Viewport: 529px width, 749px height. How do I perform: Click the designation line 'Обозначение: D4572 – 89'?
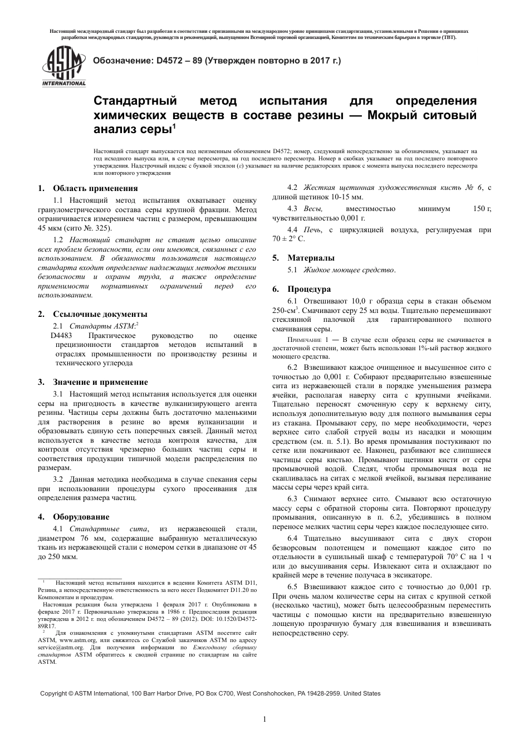click(217, 60)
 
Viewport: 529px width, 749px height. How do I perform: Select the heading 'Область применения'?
click(95, 188)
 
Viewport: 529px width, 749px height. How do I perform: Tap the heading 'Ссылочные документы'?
click(100, 314)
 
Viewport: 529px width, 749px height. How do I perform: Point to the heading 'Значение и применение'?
click(100, 382)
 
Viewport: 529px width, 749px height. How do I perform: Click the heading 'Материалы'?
click(311, 258)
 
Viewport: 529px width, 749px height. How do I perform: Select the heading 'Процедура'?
click(309, 289)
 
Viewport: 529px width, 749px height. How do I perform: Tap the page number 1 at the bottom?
click(264, 719)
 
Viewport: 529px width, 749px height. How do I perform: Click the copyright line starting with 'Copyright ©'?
click(210, 693)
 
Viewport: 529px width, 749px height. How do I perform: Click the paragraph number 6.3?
click(292, 499)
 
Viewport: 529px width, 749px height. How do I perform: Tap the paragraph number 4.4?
click(292, 229)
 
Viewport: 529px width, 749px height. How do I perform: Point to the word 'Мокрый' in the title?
click(397, 115)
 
